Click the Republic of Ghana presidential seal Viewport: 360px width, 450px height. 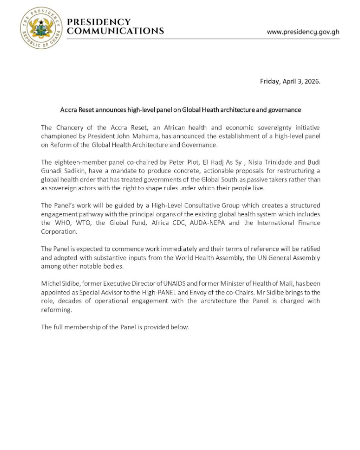[x=41, y=28]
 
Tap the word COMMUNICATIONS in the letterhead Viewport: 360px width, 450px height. [x=115, y=31]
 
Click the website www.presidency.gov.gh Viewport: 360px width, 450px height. [x=303, y=32]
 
